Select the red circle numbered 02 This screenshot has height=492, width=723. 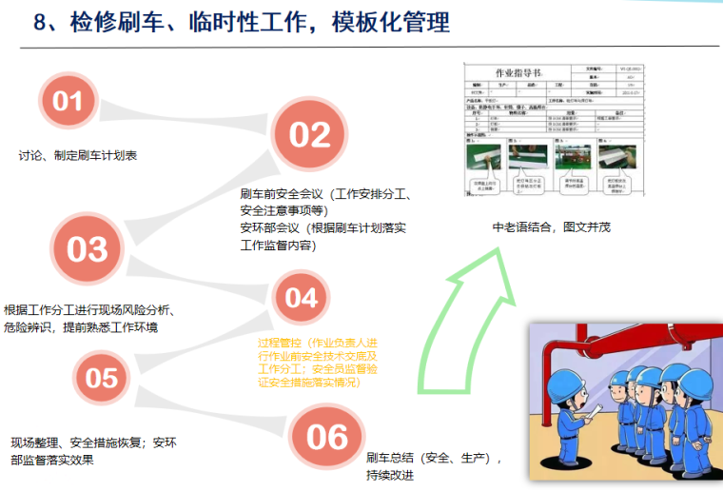309,135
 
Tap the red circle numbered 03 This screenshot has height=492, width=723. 88,249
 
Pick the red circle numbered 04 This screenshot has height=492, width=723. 301,298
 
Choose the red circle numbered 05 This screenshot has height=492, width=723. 101,378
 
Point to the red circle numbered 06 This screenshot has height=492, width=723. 327,436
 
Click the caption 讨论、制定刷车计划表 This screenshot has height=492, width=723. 78,155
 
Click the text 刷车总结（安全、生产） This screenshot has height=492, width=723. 433,458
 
